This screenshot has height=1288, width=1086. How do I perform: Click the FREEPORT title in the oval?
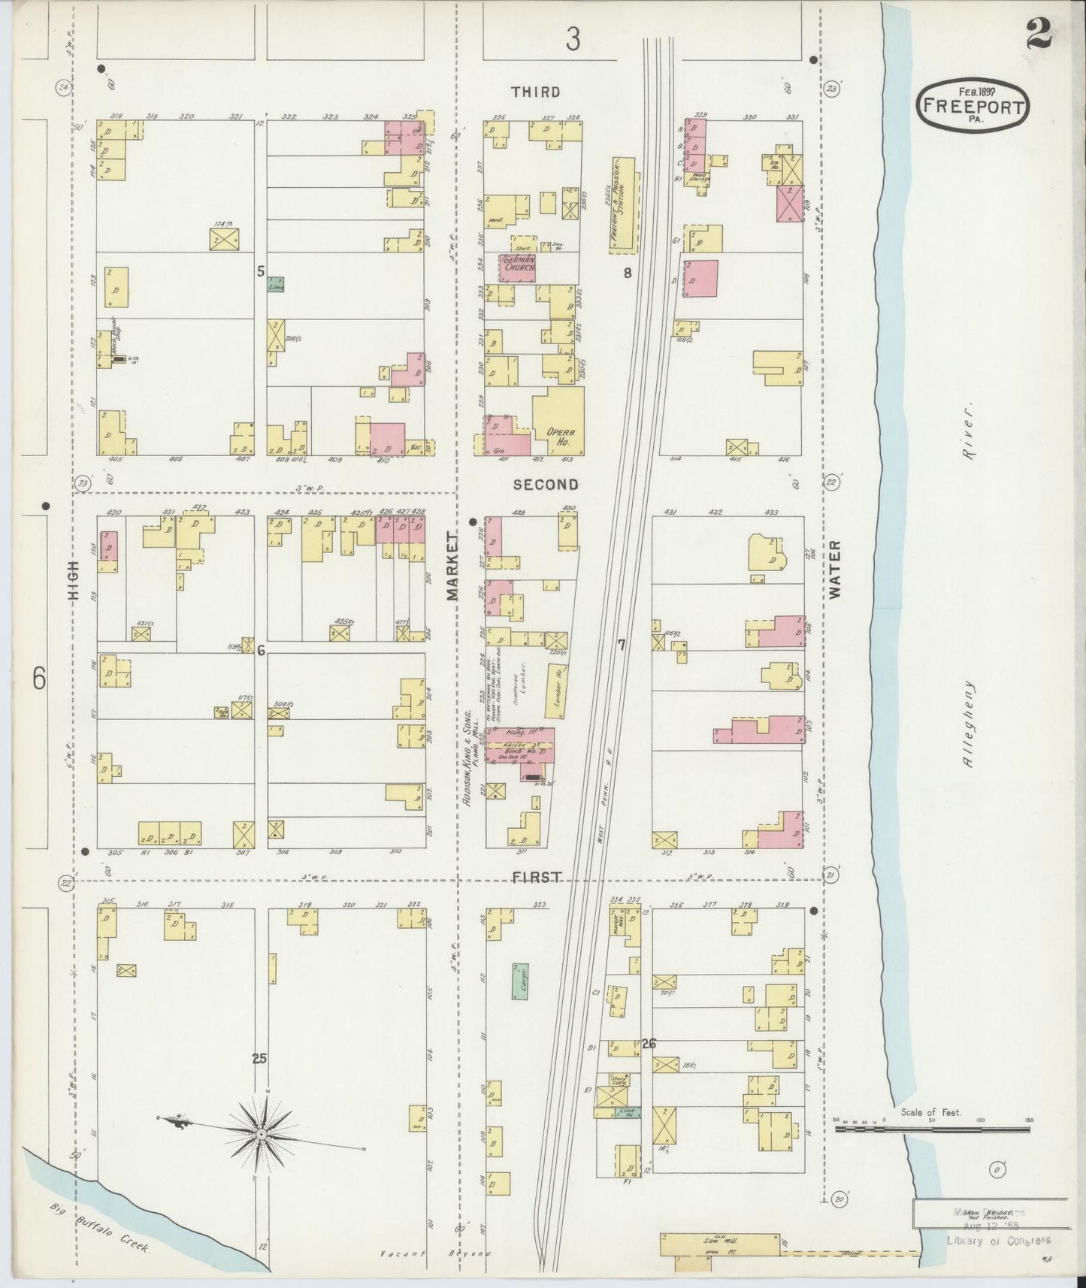click(x=972, y=106)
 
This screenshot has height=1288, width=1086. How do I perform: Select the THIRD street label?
click(x=535, y=92)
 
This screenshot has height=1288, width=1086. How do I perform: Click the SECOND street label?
click(x=546, y=485)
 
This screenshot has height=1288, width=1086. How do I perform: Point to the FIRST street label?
click(x=537, y=877)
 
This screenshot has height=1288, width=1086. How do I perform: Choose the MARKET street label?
click(x=452, y=566)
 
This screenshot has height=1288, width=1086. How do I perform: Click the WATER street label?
click(x=836, y=570)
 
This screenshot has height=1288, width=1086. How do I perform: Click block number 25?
click(x=259, y=1059)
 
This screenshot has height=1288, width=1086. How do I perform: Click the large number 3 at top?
click(x=573, y=39)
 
